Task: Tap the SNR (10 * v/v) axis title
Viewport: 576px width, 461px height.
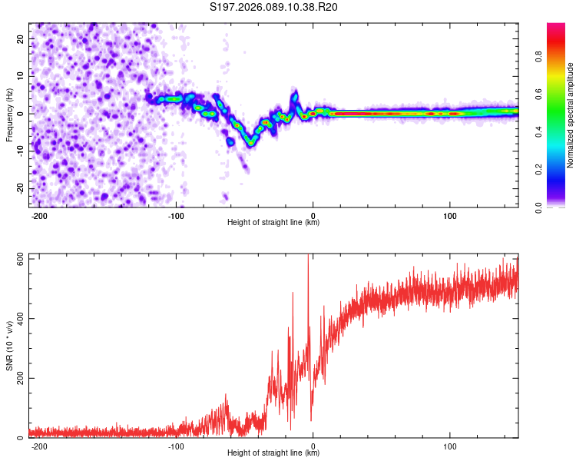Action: pyautogui.click(x=10, y=347)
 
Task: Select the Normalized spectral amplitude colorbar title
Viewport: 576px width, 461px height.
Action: pyautogui.click(x=570, y=115)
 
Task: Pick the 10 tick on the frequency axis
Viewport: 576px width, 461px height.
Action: pyautogui.click(x=20, y=75)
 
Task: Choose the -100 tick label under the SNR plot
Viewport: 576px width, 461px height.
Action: pyautogui.click(x=177, y=446)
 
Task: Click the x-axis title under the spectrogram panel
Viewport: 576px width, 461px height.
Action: pyautogui.click(x=273, y=223)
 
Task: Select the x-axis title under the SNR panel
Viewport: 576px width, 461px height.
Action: pyautogui.click(x=273, y=453)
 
